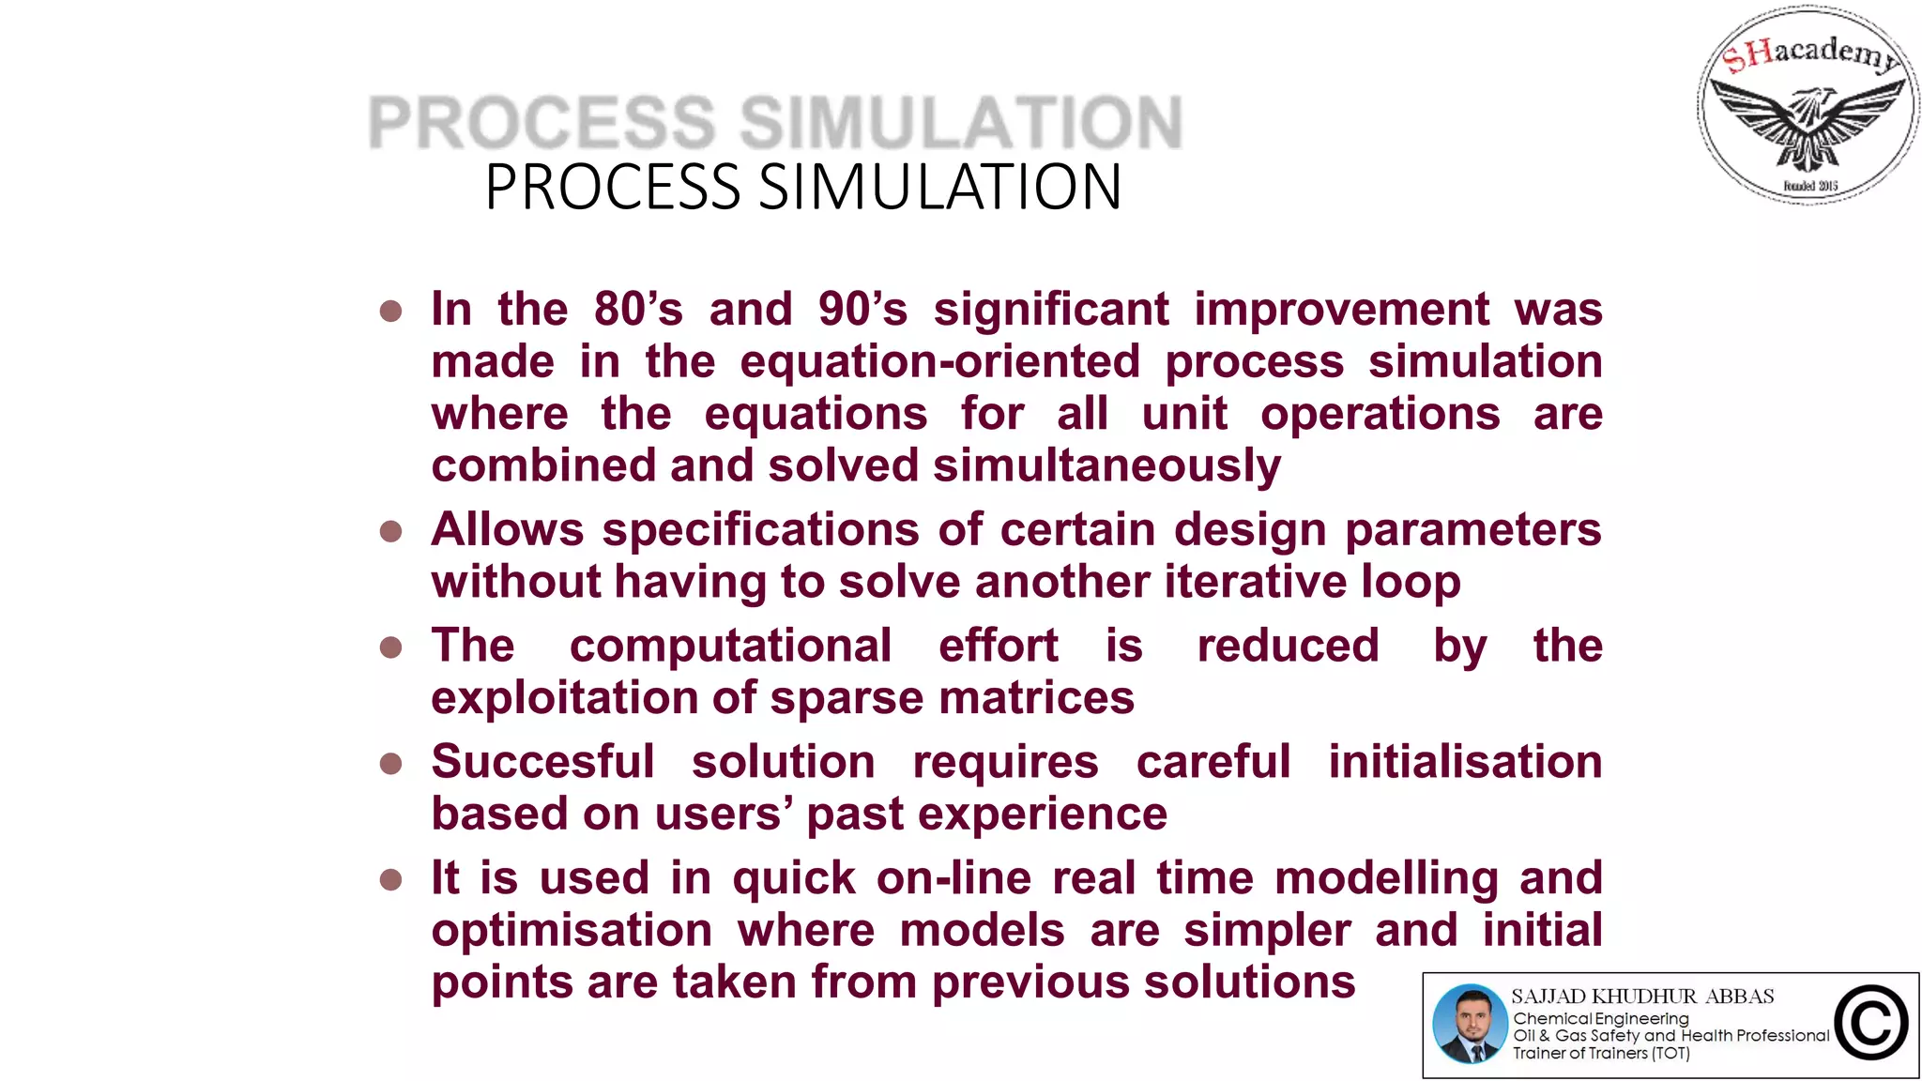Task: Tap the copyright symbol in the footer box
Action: (1870, 1024)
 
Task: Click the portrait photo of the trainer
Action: (1470, 1024)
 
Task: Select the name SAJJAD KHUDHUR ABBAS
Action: (1642, 997)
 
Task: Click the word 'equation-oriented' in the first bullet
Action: (940, 362)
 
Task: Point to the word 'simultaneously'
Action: (1106, 466)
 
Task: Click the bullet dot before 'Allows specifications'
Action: (390, 532)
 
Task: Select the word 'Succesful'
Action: (542, 761)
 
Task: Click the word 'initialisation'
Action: (1465, 761)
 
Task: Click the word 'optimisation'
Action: (572, 931)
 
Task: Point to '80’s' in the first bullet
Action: (638, 310)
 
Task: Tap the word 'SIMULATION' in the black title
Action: (939, 187)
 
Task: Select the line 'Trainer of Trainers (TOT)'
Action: (1601, 1053)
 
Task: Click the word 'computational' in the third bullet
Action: (730, 646)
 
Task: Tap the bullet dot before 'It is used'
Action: (390, 880)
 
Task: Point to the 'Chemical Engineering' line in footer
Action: (1600, 1018)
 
